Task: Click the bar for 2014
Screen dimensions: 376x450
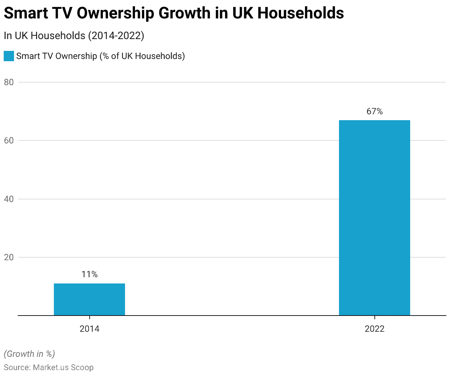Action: pyautogui.click(x=89, y=299)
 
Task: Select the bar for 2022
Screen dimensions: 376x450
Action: pyautogui.click(x=374, y=217)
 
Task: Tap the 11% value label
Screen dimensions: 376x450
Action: pyautogui.click(x=89, y=274)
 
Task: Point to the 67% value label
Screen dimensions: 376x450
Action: pyautogui.click(x=374, y=111)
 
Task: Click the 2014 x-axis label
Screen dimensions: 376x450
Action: pyautogui.click(x=89, y=328)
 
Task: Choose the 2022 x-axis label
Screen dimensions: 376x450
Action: pyautogui.click(x=374, y=328)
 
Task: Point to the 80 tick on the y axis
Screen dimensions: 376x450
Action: pyautogui.click(x=9, y=82)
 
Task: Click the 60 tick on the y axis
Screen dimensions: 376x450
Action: pyautogui.click(x=9, y=140)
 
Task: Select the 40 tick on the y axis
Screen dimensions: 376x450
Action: pyautogui.click(x=9, y=199)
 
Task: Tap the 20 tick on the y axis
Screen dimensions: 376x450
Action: pyautogui.click(x=9, y=257)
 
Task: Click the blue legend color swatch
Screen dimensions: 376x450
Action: pyautogui.click(x=8, y=56)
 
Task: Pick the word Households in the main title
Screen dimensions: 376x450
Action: pyautogui.click(x=301, y=14)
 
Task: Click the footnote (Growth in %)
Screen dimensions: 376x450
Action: pyautogui.click(x=30, y=354)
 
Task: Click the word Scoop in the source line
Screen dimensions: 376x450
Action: pyautogui.click(x=82, y=368)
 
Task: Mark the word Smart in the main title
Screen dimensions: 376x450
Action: pyautogui.click(x=25, y=14)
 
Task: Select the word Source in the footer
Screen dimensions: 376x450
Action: pyautogui.click(x=17, y=368)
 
